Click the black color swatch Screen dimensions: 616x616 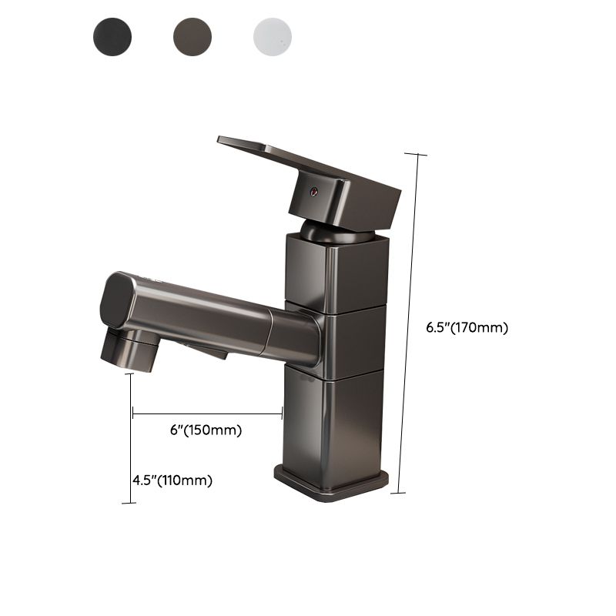112,35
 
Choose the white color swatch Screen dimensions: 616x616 273,35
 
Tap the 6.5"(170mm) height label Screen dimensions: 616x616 467,326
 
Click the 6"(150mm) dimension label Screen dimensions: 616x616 206,430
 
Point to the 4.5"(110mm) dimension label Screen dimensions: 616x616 172,480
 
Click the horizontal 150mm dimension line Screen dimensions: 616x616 208,414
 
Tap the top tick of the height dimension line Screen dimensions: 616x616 416,155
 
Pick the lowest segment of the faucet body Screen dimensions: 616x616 333,420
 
